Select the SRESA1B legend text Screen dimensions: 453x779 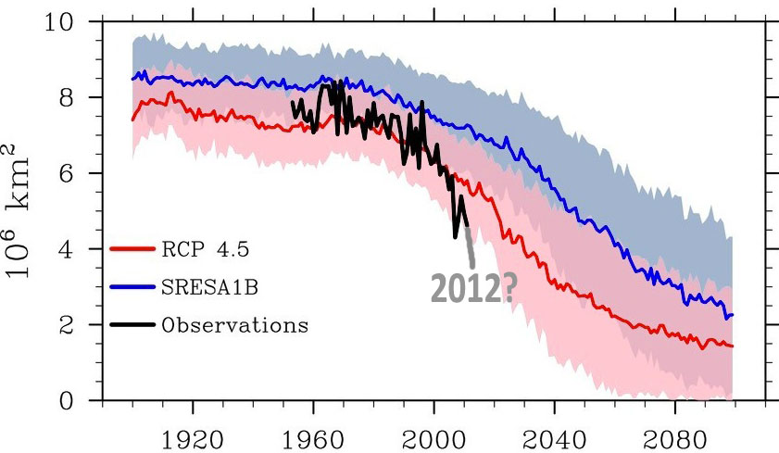tap(204, 287)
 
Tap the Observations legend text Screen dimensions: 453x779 tap(234, 325)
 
